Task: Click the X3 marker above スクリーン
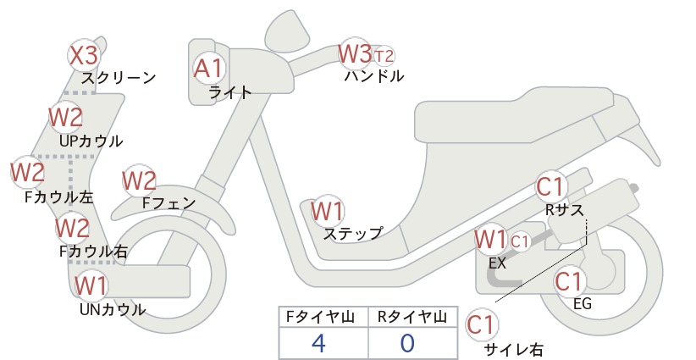point(84,56)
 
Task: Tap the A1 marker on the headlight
point(208,69)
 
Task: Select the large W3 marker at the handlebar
point(355,53)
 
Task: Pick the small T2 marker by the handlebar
point(384,57)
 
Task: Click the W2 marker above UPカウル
point(66,117)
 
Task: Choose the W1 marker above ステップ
point(327,211)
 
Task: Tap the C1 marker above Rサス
point(550,187)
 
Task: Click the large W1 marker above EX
point(490,240)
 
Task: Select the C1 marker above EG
point(569,281)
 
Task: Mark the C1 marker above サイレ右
point(481,325)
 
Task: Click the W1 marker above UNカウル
point(91,285)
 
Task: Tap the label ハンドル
point(374,76)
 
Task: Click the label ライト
point(230,92)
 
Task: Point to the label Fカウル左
point(59,197)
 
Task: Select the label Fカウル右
point(93,252)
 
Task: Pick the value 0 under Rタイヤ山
point(407,343)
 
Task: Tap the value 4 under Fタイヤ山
point(318,343)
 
